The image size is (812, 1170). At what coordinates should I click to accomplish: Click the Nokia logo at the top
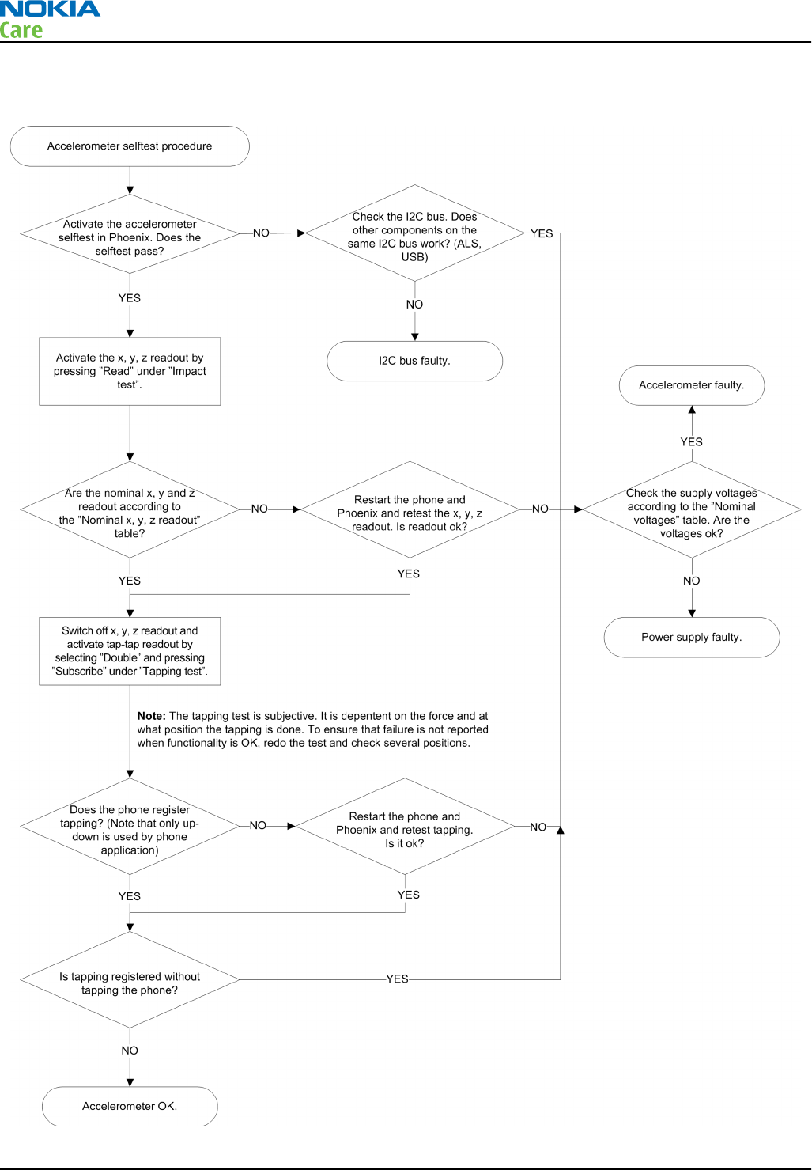(50, 9)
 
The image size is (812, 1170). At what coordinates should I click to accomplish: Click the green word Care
(21, 30)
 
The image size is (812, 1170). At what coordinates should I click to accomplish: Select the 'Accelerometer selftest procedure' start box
(130, 146)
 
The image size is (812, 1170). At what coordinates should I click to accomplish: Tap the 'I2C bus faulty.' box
(414, 361)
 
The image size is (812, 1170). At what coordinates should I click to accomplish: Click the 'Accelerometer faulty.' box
(691, 385)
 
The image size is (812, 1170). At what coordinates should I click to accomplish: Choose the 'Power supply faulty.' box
(691, 638)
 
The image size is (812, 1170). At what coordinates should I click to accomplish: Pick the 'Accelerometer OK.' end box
(130, 1106)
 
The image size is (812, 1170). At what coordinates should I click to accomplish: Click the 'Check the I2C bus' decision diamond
(414, 233)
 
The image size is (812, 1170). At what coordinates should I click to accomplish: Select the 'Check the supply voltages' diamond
(691, 509)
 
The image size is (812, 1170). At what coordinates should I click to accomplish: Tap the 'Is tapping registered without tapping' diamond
(130, 980)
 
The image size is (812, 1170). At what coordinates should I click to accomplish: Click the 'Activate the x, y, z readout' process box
(130, 371)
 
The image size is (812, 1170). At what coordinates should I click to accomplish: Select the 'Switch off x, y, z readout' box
(130, 651)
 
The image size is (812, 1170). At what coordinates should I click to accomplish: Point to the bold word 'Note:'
(152, 716)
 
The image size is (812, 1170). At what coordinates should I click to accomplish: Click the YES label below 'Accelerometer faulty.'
(691, 442)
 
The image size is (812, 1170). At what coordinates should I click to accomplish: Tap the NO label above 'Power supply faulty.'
(691, 581)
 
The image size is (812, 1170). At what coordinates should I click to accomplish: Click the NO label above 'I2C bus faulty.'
(414, 305)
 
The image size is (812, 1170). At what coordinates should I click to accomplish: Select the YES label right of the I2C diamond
(542, 233)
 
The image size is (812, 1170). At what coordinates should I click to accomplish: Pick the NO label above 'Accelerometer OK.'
(130, 1051)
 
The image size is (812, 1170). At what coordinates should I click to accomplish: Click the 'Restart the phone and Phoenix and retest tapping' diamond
(405, 827)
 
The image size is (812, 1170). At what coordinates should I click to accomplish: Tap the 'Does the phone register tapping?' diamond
(130, 827)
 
